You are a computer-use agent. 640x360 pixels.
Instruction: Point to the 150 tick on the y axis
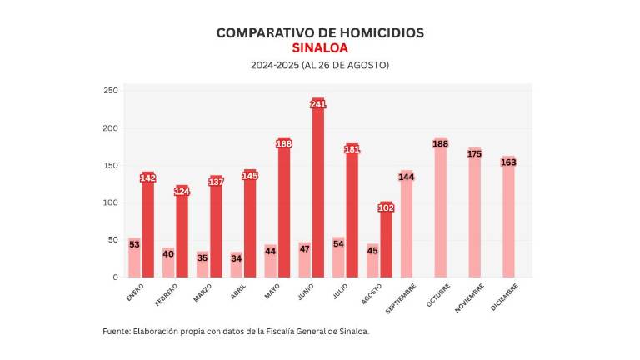[x=110, y=165]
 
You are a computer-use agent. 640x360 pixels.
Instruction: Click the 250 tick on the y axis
[x=110, y=90]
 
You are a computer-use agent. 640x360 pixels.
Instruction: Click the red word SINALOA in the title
[x=320, y=48]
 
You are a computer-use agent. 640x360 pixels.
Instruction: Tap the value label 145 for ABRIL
[x=250, y=176]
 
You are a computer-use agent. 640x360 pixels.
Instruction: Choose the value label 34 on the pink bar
[x=237, y=258]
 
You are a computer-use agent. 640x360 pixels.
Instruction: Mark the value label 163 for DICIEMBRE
[x=508, y=162]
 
